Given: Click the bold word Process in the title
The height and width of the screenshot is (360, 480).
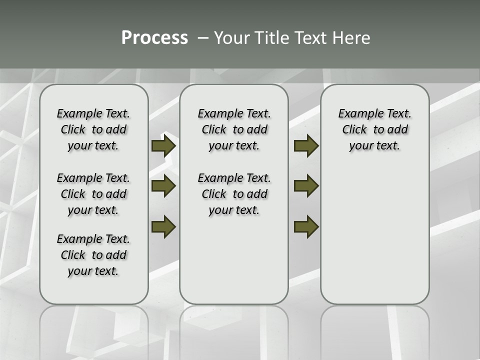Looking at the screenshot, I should [154, 38].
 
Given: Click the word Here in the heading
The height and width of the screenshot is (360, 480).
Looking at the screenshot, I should [352, 38].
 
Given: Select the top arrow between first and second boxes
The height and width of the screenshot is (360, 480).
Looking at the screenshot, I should [163, 146].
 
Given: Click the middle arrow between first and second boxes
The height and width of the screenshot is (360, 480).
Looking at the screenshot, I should [163, 186].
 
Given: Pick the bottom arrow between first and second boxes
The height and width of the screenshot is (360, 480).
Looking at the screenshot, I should [163, 226].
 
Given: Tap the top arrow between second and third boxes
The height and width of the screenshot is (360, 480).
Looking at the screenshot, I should [306, 146].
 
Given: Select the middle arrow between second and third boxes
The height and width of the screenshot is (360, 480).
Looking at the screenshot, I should [306, 186].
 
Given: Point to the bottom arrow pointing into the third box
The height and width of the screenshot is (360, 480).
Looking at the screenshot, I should [306, 226].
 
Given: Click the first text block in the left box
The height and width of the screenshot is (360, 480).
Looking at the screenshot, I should [93, 129].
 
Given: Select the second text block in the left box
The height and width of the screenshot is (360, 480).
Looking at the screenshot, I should [93, 194].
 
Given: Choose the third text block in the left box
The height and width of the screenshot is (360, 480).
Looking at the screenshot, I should [93, 255].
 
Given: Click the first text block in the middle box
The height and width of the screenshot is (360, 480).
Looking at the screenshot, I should [234, 129].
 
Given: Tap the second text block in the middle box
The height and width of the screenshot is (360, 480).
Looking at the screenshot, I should [234, 194].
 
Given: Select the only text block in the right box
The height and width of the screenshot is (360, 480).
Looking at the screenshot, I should [374, 129].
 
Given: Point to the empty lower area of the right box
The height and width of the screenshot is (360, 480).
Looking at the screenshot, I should [374, 240].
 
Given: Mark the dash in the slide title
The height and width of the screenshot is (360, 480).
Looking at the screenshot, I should [203, 38].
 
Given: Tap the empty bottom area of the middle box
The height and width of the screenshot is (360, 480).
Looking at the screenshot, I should [234, 265].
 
